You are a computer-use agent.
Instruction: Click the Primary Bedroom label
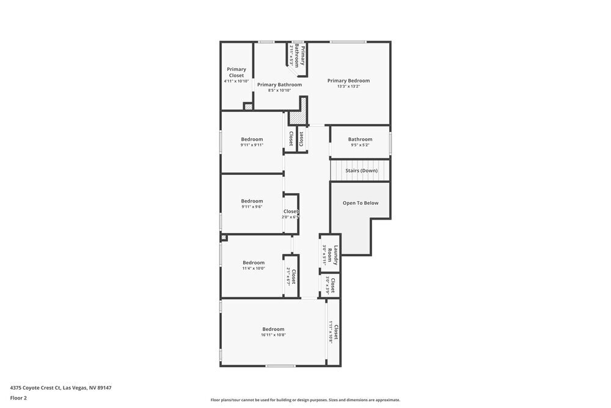348,81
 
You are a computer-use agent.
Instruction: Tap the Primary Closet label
236,72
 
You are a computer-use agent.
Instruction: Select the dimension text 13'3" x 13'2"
348,87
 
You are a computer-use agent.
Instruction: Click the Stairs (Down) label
361,171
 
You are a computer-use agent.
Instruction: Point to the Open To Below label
360,203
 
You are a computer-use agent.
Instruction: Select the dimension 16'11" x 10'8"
273,335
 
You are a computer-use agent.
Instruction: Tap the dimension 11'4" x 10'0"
254,269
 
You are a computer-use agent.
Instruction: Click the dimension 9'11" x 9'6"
252,207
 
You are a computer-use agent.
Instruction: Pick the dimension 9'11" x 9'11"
252,145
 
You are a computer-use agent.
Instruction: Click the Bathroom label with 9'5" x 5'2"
360,139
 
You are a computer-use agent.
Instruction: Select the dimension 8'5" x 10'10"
279,91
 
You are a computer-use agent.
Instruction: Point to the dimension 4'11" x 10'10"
236,81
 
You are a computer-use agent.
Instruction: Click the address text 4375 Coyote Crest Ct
60,388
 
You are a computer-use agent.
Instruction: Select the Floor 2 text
18,398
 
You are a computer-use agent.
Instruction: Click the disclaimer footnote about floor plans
305,400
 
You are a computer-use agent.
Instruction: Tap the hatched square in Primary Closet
247,107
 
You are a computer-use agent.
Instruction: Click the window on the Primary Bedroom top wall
348,42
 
